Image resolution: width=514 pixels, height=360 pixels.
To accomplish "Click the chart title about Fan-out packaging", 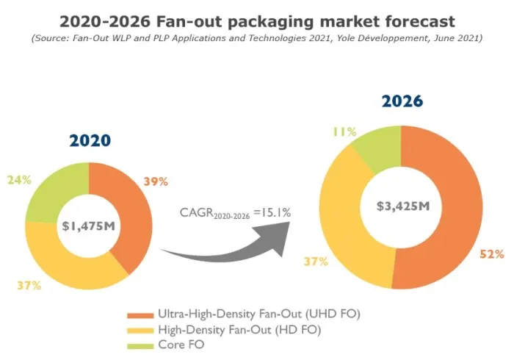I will pos(256,20).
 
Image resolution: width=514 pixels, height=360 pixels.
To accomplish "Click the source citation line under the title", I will pos(256,37).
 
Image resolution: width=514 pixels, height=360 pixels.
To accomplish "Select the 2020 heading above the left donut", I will pos(90,140).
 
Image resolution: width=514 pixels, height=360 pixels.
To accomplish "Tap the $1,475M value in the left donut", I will pos(88,225).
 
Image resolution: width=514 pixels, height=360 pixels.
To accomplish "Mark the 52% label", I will pos(493,254).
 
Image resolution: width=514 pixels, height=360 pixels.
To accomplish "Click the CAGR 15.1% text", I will pos(235,213).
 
